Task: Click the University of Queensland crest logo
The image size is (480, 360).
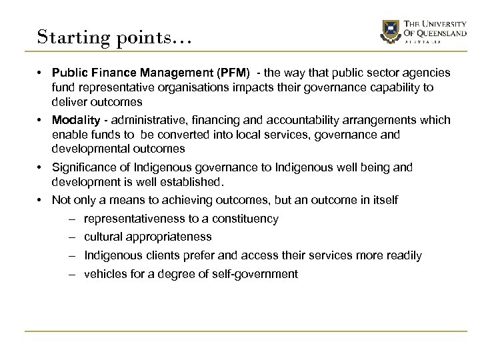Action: coord(389,31)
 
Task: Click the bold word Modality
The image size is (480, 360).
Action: coord(74,120)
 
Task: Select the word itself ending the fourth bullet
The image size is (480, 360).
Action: coord(384,200)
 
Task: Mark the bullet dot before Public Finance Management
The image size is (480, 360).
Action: coord(42,72)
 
